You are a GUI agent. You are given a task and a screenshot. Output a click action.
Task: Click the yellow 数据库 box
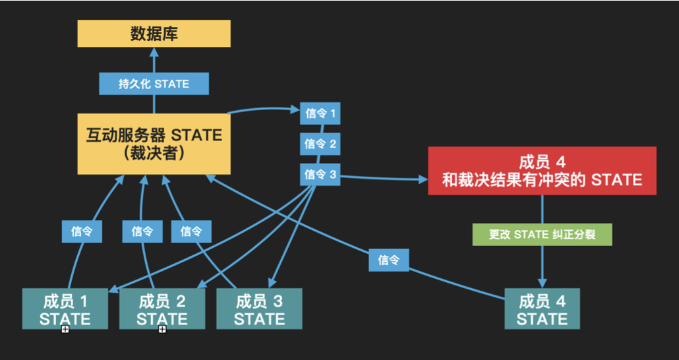154,34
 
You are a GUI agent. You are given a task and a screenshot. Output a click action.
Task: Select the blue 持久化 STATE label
154,84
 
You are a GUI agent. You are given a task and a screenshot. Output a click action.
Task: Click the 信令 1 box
320,113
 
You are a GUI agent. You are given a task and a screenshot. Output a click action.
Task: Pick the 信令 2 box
320,143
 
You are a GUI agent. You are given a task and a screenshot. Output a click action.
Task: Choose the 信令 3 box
320,174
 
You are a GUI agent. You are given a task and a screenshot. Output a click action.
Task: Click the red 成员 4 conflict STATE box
542,171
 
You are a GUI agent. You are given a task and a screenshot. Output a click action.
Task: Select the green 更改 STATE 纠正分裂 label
542,234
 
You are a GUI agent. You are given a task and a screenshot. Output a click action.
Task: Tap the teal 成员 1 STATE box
65,309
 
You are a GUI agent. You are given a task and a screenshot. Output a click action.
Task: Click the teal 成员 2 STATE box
162,309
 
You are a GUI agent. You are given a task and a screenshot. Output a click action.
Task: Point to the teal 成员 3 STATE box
259,309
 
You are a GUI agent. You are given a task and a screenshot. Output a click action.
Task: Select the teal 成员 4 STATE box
542,309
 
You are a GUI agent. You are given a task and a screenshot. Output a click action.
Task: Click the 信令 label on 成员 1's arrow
82,231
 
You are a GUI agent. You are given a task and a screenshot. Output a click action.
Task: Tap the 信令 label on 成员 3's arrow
191,231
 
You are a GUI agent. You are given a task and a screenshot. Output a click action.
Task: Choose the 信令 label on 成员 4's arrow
388,260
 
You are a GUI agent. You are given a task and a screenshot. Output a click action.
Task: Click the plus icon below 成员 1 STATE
65,329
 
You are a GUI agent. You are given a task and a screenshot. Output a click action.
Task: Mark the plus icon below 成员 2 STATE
162,329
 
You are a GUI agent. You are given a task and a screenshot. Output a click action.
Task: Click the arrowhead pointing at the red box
423,179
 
